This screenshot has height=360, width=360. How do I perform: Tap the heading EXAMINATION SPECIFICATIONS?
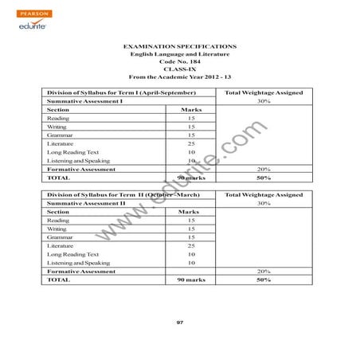pyautogui.click(x=180, y=49)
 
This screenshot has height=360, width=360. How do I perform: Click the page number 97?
pyautogui.click(x=180, y=322)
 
